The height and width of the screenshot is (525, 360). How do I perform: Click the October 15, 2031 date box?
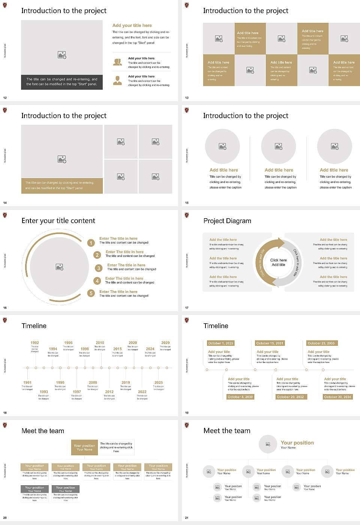pos(270,343)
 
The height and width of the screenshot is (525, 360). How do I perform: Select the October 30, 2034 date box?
pos(337,397)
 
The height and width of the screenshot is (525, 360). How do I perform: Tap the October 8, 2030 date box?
pos(240,397)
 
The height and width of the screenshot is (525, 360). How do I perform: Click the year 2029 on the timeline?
pos(165,343)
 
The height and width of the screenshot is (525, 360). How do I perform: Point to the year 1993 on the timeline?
pos(44,392)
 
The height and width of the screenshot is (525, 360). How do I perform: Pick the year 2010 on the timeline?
pos(100,343)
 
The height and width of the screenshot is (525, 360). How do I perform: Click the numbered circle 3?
pos(99,268)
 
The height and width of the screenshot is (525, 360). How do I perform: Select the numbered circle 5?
pos(91,293)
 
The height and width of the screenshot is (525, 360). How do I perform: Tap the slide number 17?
pos(187,308)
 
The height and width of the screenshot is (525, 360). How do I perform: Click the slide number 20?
pos(5,518)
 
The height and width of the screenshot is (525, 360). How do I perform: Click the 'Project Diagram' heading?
pos(227,221)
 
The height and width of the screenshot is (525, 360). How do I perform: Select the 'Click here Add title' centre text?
pos(278,262)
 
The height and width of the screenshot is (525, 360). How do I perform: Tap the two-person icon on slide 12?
pos(118,62)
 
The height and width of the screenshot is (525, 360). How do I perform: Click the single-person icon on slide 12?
pos(118,80)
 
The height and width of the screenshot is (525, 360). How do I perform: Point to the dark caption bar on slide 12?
pos(62,82)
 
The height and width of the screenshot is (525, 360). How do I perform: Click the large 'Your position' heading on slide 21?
pos(297,443)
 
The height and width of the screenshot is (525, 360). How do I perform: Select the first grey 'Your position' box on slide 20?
pos(34,489)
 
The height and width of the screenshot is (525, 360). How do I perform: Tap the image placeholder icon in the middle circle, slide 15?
pos(279,146)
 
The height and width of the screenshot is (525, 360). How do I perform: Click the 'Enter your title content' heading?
pos(58,221)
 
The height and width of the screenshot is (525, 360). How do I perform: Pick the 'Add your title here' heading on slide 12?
pos(132,25)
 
